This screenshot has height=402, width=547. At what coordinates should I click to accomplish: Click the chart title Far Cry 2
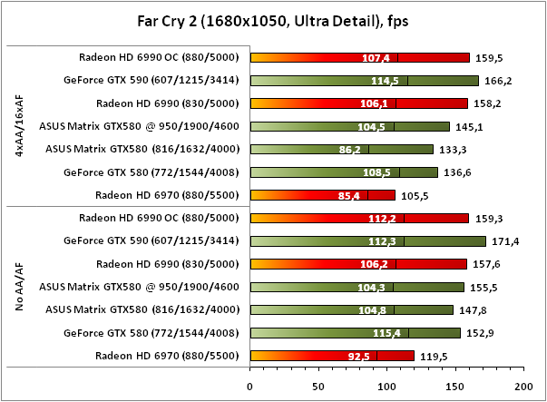coord(272,19)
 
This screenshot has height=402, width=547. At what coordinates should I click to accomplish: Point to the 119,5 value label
coord(430,356)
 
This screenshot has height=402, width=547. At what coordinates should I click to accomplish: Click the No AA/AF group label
coord(19,287)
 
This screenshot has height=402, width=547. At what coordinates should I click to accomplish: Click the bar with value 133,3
coord(341,149)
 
